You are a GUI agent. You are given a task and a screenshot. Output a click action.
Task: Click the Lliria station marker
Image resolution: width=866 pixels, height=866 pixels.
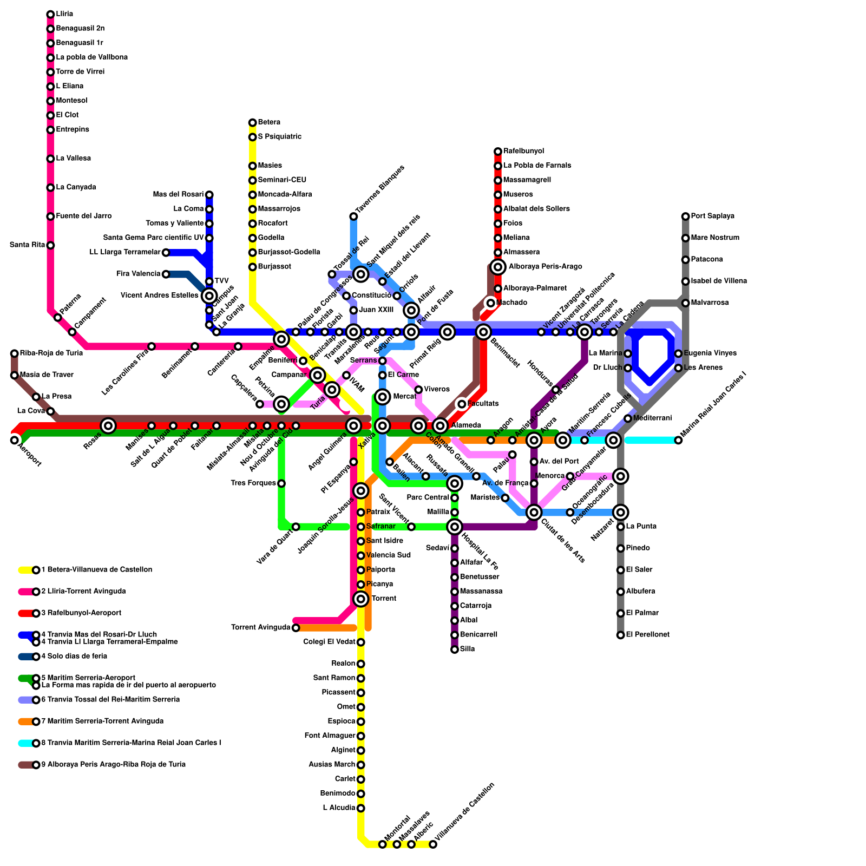click(50, 14)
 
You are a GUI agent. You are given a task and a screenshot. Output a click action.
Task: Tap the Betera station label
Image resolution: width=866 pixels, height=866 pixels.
click(269, 122)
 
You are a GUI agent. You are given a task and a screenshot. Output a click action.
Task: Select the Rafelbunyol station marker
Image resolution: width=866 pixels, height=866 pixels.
click(498, 152)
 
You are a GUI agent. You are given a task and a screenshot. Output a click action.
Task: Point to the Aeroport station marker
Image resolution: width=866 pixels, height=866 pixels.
click(15, 440)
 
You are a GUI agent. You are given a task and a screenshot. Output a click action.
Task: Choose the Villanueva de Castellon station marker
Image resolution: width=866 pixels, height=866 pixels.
click(433, 844)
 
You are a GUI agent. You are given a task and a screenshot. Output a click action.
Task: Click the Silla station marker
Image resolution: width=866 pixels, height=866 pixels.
click(455, 649)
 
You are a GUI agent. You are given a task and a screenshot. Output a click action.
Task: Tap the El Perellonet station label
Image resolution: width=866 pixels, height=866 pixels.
click(647, 635)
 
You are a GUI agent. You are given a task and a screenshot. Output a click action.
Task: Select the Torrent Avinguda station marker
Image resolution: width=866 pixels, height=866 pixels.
click(296, 628)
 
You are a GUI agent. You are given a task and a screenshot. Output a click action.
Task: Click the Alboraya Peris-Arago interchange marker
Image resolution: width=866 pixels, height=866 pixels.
click(498, 267)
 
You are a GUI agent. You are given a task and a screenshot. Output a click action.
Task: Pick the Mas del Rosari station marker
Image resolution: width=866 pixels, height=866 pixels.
click(209, 195)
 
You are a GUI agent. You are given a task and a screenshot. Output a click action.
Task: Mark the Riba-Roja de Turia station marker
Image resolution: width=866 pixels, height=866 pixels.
click(15, 353)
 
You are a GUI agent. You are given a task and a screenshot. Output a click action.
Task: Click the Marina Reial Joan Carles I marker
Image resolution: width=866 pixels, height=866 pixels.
click(678, 440)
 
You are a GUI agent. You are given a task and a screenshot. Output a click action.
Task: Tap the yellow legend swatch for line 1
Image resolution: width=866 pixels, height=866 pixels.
click(26, 570)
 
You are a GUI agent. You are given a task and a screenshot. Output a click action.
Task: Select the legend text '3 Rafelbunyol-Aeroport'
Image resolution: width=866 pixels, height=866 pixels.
click(81, 613)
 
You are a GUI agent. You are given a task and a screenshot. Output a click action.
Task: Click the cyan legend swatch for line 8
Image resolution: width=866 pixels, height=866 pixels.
click(26, 743)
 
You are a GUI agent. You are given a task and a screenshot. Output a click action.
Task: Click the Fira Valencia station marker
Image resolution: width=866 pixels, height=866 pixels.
click(166, 274)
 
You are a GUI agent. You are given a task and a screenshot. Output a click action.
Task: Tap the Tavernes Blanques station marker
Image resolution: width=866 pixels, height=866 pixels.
click(353, 216)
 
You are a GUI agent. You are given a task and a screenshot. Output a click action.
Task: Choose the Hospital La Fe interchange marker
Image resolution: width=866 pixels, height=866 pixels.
click(455, 527)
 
